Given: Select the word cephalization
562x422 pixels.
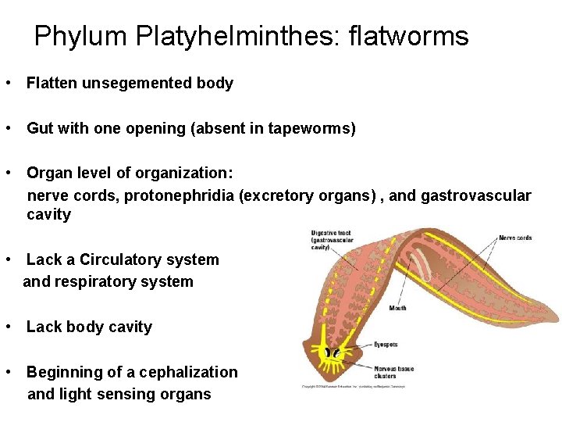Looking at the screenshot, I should click(181, 372).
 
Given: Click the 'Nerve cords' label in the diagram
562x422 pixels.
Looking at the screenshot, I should click(515, 238).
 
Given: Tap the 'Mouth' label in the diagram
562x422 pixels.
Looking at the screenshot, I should click(397, 308).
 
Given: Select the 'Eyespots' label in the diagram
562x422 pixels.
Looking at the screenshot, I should click(386, 344).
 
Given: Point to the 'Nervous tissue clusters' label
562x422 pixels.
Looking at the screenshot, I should click(394, 371).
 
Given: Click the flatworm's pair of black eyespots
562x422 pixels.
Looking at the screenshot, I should click(334, 354).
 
